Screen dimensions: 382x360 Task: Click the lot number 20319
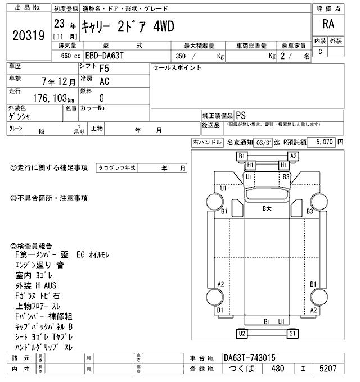point(28,35)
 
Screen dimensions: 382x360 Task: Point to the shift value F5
point(105,70)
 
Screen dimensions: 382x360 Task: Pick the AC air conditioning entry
point(104,82)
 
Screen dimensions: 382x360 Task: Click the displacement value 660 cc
point(69,56)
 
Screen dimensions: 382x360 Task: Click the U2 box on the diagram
point(242,334)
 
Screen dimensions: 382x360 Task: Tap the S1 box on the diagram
point(292,334)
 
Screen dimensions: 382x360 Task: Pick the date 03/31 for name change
point(262,143)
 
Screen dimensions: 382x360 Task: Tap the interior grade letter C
point(321,52)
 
